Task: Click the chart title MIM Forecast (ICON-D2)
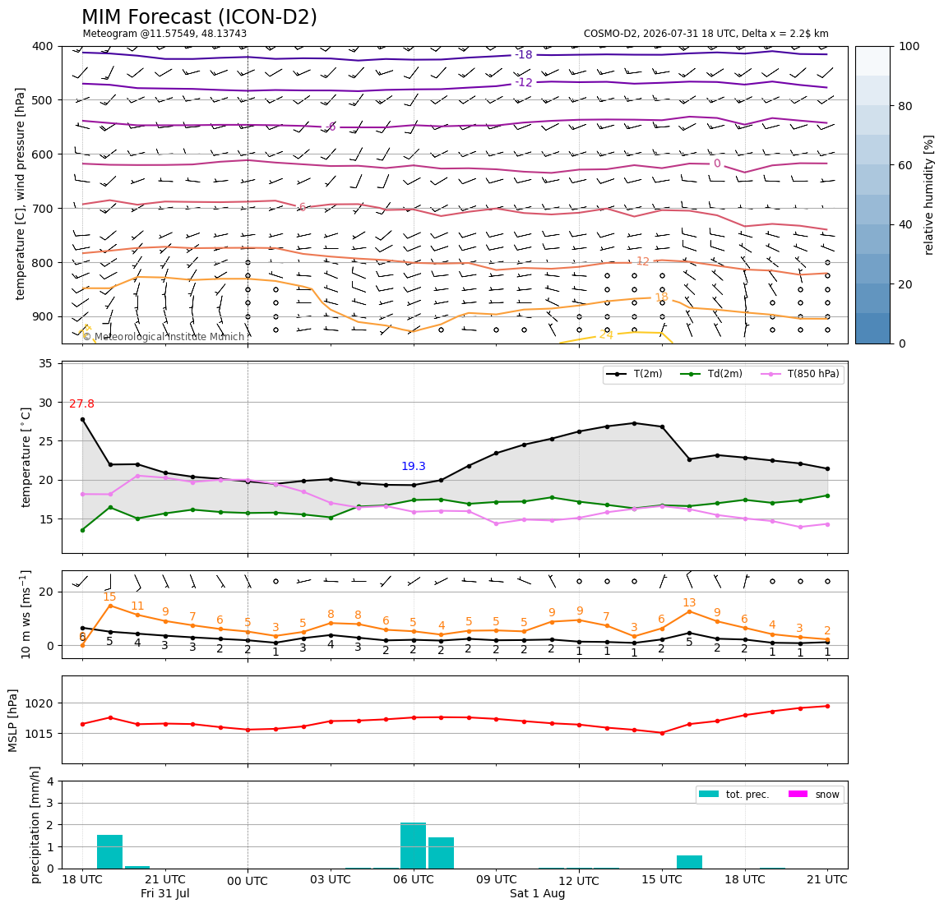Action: pyautogui.click(x=199, y=17)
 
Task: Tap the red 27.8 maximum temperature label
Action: pyautogui.click(x=81, y=403)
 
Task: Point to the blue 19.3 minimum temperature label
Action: pyautogui.click(x=413, y=467)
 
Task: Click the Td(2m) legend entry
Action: pyautogui.click(x=711, y=374)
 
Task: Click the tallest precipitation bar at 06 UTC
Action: pyautogui.click(x=413, y=846)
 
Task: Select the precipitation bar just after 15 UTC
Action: pyautogui.click(x=689, y=862)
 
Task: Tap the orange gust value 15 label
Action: pyautogui.click(x=109, y=597)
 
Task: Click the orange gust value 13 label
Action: pyautogui.click(x=689, y=603)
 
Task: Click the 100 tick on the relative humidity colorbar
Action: pyautogui.click(x=909, y=46)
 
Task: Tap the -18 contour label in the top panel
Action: pyautogui.click(x=524, y=55)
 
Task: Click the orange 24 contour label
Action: pyautogui.click(x=606, y=334)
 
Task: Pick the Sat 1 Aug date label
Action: pyautogui.click(x=537, y=893)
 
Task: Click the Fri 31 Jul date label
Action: pyautogui.click(x=165, y=893)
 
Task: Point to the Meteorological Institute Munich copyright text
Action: pyautogui.click(x=163, y=337)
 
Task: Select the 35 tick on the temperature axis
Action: pyautogui.click(x=45, y=363)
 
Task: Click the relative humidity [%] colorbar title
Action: pyautogui.click(x=929, y=196)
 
